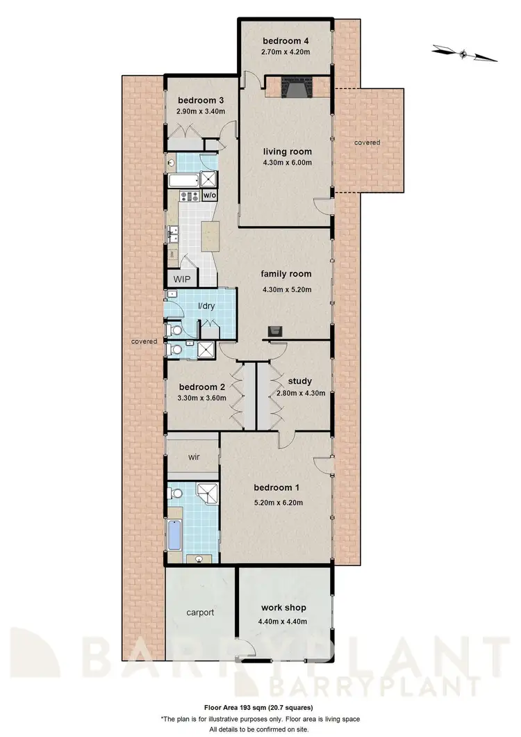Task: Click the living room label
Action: (286, 151)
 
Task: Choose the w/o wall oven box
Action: (209, 195)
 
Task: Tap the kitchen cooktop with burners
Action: (188, 196)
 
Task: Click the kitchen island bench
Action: (209, 236)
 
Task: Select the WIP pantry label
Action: (182, 279)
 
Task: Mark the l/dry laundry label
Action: (206, 305)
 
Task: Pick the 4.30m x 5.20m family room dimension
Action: (286, 289)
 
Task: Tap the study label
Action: (299, 381)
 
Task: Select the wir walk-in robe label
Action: (192, 458)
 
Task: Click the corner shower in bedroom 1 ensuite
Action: (208, 494)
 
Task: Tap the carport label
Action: (199, 613)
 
